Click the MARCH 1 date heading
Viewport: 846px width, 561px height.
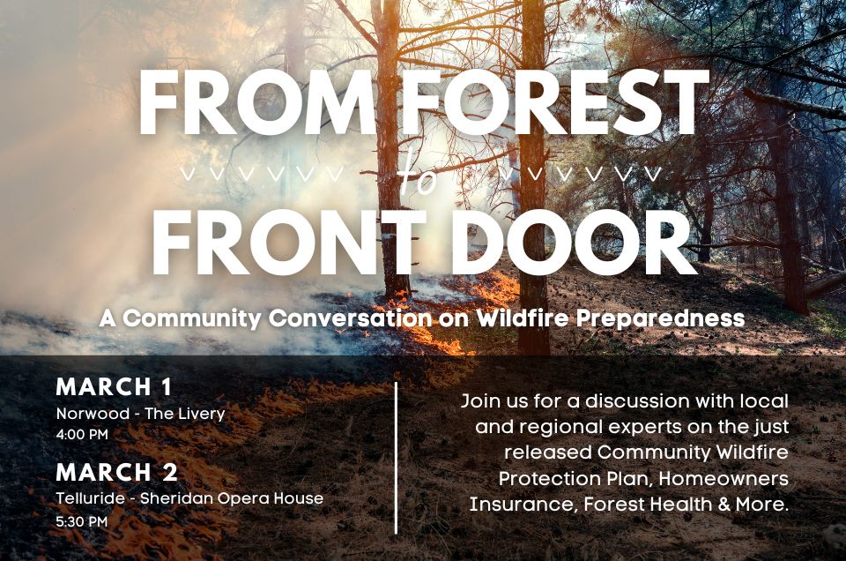tap(114, 386)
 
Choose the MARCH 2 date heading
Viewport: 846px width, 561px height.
tap(116, 473)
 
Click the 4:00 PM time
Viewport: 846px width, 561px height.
tap(82, 434)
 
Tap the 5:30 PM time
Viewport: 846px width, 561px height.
tap(82, 521)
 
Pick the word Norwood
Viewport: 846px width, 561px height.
tap(93, 414)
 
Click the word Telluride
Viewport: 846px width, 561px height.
tap(91, 497)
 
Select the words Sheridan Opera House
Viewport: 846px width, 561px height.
tap(232, 498)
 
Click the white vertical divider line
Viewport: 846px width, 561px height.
tap(397, 458)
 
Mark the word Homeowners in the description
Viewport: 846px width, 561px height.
tap(724, 478)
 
